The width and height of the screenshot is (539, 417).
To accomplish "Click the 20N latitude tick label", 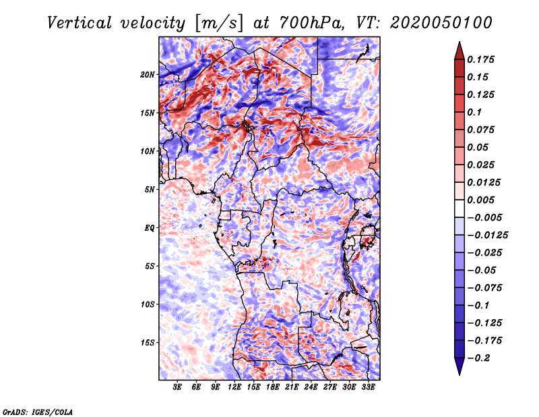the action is tap(148, 75).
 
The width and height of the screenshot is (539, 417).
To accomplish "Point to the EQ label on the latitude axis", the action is tap(150, 228).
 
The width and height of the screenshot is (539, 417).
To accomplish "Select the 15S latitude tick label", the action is tap(148, 343).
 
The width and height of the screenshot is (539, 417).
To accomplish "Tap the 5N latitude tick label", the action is tap(150, 190).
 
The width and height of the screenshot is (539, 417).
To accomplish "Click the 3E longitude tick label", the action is tap(177, 387).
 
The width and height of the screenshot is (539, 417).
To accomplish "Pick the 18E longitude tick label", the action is tap(273, 387).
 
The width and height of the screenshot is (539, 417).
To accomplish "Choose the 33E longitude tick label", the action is tap(368, 387).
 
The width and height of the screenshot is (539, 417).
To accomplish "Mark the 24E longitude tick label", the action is tap(311, 387).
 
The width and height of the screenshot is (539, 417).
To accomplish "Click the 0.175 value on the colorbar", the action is tap(480, 59).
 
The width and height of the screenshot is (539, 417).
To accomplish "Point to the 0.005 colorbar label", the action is tap(480, 200).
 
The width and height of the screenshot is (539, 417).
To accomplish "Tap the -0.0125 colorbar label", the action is tap(487, 235).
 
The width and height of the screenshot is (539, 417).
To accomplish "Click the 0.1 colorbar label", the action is tap(474, 112).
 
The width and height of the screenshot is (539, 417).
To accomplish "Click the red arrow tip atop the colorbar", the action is tap(459, 43).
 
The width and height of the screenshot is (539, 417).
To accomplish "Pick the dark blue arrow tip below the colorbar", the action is tap(459, 374).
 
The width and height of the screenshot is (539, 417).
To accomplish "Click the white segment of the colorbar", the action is tap(459, 208).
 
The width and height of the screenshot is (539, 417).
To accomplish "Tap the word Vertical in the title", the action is tap(80, 23).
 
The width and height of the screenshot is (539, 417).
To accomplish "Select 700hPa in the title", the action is tap(311, 23).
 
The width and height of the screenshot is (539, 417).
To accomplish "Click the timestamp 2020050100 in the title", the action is tap(441, 23).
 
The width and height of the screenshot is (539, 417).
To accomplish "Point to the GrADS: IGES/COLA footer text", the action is tap(38, 412).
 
